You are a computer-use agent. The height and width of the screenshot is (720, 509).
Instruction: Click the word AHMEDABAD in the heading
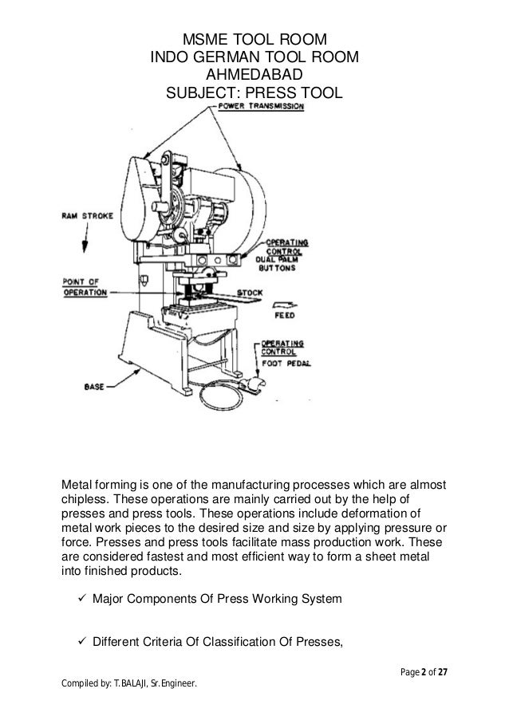point(254,76)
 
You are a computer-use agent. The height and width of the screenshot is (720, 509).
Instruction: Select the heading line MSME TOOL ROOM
point(254,41)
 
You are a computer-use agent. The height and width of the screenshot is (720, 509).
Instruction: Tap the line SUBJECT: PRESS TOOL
point(254,93)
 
